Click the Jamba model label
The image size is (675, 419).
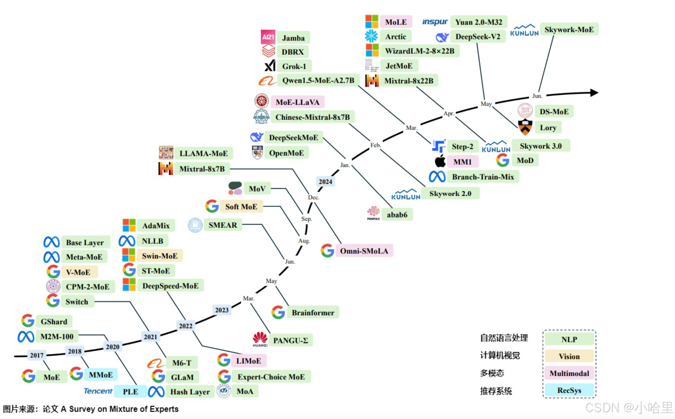[x=293, y=38]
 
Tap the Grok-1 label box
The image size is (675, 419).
[x=294, y=66]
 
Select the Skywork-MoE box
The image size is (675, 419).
[x=569, y=30]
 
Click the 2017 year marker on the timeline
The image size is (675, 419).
[x=36, y=355]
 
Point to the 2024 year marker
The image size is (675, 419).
[x=325, y=182]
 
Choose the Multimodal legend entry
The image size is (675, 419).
[x=569, y=373]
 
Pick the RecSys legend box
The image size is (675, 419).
[x=569, y=390]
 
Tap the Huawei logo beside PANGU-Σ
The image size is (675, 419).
[x=260, y=339]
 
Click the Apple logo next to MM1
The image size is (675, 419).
[x=440, y=161]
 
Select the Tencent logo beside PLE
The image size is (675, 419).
[x=98, y=391]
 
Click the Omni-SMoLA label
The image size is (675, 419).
[x=364, y=251]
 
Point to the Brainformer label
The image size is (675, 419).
[x=313, y=313]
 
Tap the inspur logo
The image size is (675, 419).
[x=435, y=22]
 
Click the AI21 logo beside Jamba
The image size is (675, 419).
[x=268, y=37]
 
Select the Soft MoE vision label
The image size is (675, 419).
[x=241, y=207]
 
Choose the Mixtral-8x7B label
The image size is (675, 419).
[x=202, y=169]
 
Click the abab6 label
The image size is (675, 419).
[x=397, y=215]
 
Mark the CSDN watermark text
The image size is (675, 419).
[x=628, y=407]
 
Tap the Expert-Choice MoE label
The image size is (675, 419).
[x=271, y=377]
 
